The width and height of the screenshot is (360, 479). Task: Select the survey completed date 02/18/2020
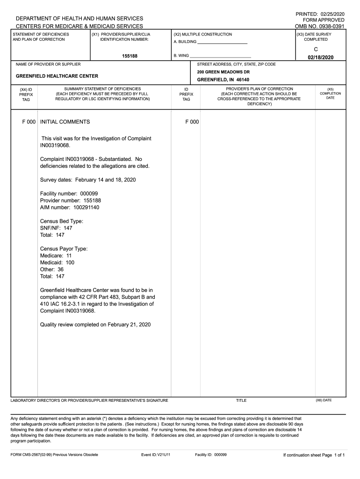pos(320,57)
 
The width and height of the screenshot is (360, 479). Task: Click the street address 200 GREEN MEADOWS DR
pos(223,72)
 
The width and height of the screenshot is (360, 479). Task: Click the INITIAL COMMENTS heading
pos(65,122)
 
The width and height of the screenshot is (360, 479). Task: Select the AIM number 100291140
pos(86,207)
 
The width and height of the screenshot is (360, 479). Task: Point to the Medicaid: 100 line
pos(57,262)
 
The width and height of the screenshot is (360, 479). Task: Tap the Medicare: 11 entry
pos(56,256)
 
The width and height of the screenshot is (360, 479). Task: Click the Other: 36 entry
pos(52,269)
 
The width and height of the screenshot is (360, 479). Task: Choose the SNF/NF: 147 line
pos(56,228)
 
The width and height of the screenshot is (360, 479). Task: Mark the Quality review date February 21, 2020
pos(129,325)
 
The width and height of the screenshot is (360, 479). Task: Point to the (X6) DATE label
pos(324,400)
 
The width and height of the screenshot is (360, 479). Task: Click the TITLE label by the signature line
pos(241,400)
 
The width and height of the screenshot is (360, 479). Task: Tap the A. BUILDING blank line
pos(222,43)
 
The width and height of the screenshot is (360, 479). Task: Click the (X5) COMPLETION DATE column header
pos(330,93)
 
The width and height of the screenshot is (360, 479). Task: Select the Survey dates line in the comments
pos(88,180)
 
